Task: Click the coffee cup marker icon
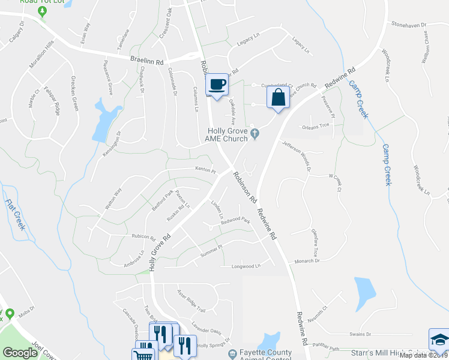[217, 85]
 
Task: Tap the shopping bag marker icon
[278, 97]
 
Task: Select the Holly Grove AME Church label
[227, 135]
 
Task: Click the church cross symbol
[255, 134]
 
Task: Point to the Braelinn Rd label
[147, 61]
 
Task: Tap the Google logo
[20, 352]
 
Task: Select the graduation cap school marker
[439, 340]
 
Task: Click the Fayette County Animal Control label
[264, 356]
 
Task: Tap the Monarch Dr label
[307, 261]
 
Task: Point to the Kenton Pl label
[205, 170]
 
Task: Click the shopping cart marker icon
[144, 354]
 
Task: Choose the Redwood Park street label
[235, 221]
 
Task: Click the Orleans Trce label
[316, 125]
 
